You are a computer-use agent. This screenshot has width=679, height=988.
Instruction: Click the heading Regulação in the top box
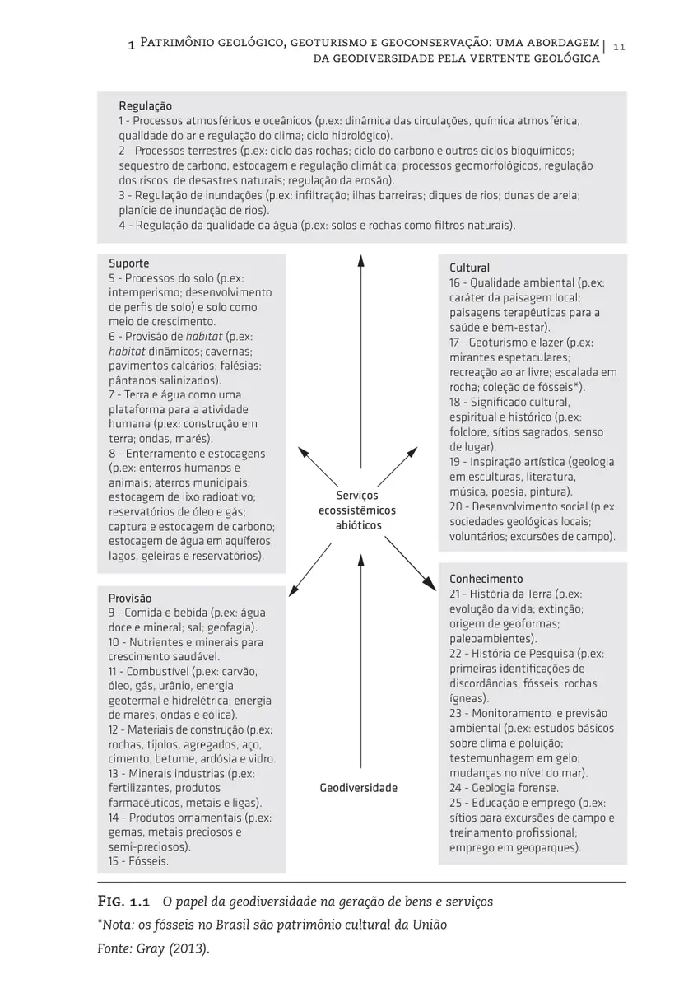(146, 106)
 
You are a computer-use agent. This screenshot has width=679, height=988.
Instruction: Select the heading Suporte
(129, 263)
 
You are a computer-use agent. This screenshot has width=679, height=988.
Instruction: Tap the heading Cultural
(469, 268)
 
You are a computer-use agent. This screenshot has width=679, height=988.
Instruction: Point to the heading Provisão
(130, 598)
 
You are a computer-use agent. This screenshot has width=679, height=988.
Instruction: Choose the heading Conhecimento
(486, 579)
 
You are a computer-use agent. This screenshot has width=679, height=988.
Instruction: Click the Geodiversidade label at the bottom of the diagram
(358, 788)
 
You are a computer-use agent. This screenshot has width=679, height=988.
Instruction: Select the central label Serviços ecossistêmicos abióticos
(357, 510)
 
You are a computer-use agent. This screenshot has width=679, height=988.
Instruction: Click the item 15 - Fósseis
(138, 861)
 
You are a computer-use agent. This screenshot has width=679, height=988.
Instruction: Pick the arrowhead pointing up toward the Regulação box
(360, 261)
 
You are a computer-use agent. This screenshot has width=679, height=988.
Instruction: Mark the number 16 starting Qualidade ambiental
(457, 282)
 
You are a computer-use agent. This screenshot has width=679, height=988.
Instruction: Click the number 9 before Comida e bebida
(112, 613)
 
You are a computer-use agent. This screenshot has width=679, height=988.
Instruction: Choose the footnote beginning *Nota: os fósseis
(272, 925)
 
